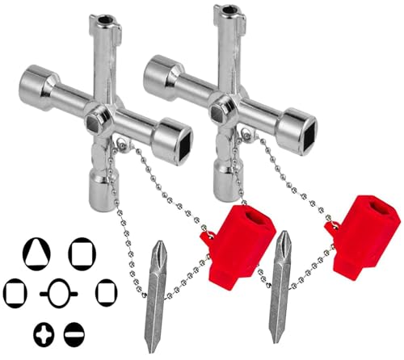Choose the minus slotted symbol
[74, 332]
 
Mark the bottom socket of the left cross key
[105, 179]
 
